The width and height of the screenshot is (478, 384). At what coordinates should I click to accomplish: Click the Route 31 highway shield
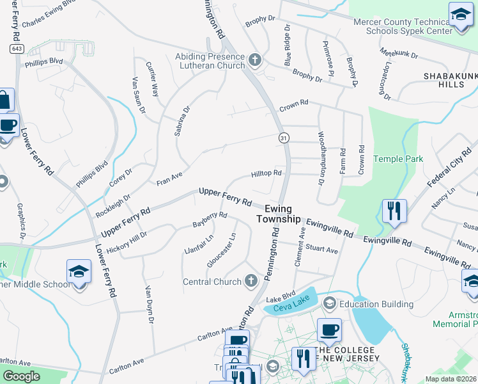click(282, 138)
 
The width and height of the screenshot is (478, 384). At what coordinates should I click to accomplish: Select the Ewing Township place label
click(278, 214)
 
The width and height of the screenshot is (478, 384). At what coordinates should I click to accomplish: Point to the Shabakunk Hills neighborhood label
click(450, 80)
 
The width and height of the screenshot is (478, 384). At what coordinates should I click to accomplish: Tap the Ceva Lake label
click(287, 308)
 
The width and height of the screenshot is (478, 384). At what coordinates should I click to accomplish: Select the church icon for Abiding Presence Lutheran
click(255, 61)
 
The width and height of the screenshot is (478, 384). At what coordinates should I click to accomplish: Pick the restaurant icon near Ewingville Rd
click(394, 211)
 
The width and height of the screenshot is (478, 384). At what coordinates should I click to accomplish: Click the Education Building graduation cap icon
click(330, 303)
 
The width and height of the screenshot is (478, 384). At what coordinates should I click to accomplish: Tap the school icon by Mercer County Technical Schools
click(461, 14)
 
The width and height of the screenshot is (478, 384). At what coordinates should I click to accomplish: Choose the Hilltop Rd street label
click(266, 173)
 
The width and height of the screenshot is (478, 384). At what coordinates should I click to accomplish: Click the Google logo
click(22, 376)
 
